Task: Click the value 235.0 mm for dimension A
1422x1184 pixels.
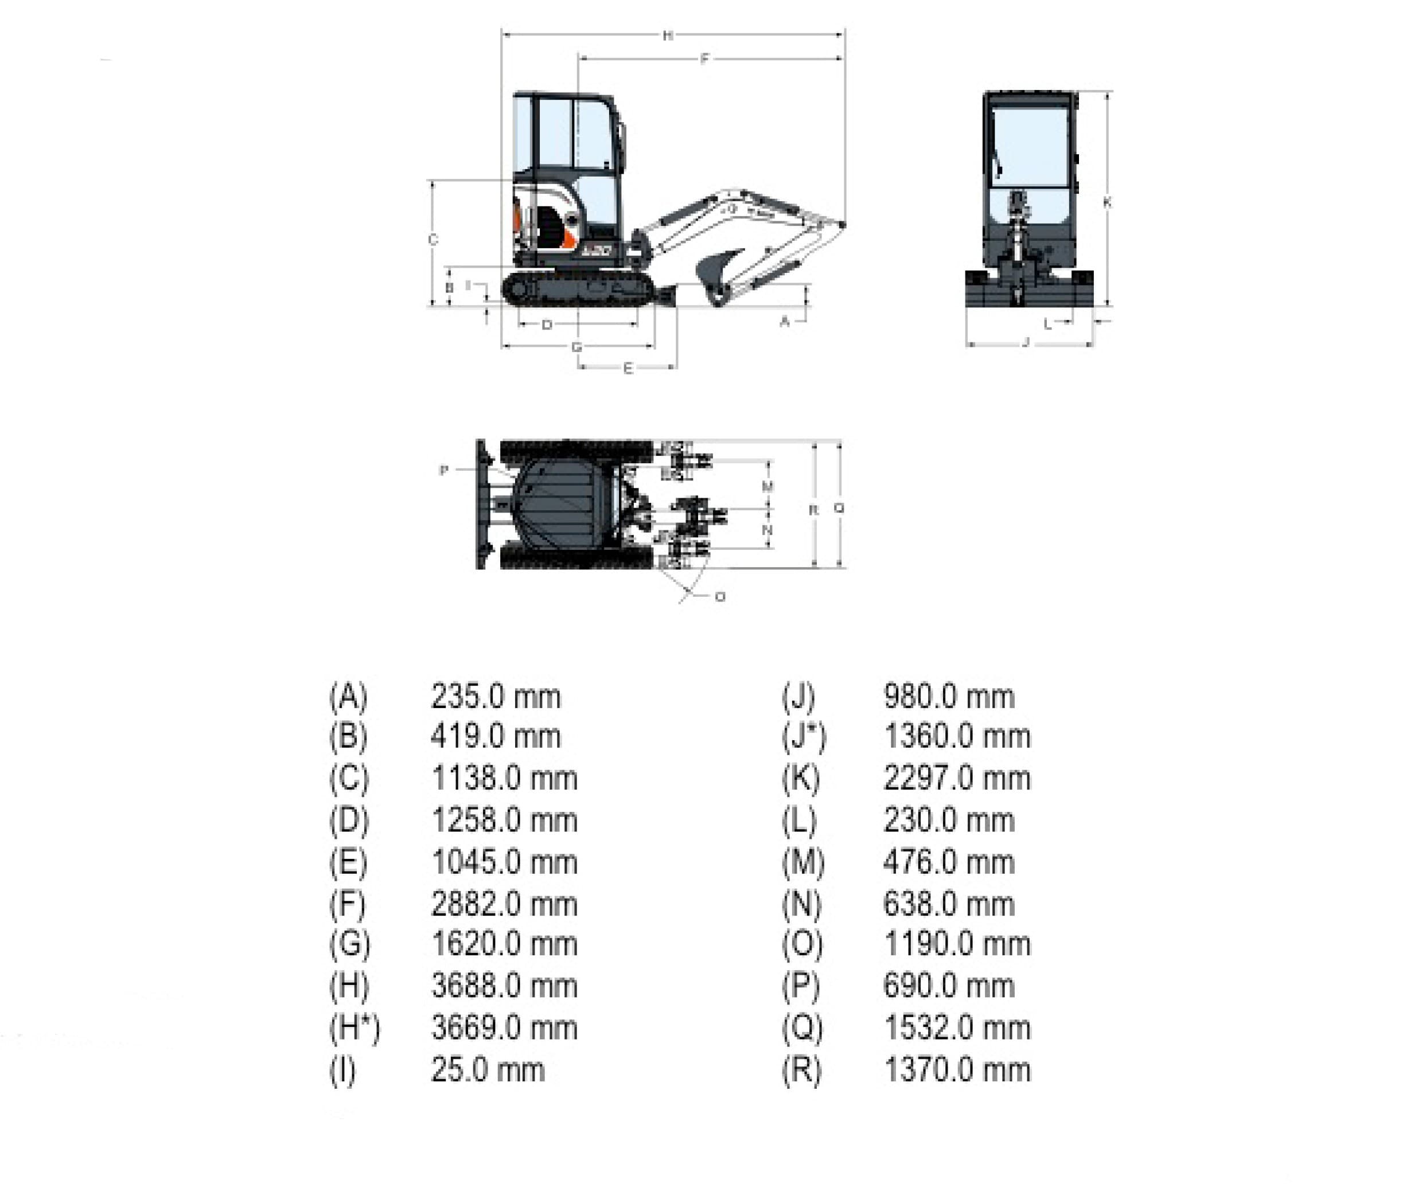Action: click(x=496, y=697)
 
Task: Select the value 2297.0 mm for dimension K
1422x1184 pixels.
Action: click(x=957, y=779)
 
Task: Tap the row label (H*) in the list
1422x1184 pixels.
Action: click(x=354, y=1028)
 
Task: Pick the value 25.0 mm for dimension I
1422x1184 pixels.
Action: click(x=488, y=1070)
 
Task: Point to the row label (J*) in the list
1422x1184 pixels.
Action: click(x=804, y=737)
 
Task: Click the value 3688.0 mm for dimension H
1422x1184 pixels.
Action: click(x=504, y=986)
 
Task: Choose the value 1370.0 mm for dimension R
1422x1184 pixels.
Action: click(x=957, y=1070)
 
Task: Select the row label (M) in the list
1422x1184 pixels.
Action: click(x=803, y=862)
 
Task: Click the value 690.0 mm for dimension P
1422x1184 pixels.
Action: click(x=949, y=986)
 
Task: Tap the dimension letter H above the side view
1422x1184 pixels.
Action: click(x=668, y=35)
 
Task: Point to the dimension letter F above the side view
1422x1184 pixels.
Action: click(x=704, y=59)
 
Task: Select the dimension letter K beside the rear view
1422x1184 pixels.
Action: click(x=1107, y=202)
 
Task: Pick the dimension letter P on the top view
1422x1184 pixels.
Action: click(x=443, y=470)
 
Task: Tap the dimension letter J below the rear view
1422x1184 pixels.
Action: click(x=1026, y=342)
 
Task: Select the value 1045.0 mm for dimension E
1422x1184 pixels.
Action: click(x=504, y=862)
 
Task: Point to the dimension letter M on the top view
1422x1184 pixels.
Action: click(x=767, y=486)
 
